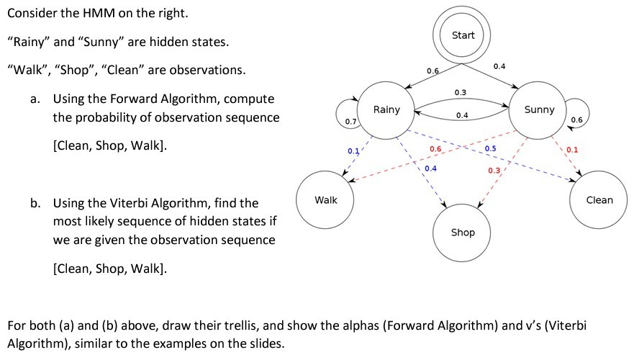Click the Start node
click(462, 35)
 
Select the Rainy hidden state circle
click(386, 110)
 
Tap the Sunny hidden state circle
click(538, 110)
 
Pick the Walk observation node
click(325, 199)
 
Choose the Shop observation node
click(462, 233)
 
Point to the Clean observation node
click(599, 199)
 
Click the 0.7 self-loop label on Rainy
click(350, 122)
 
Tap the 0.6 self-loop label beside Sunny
click(576, 120)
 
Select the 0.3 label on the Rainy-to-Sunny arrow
click(461, 93)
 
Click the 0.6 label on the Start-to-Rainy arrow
click(432, 71)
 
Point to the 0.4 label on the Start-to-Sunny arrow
click(499, 66)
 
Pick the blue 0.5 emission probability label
click(490, 148)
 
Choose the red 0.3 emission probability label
click(494, 170)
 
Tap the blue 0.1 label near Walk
click(353, 151)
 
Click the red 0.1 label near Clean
click(572, 150)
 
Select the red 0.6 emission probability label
click(435, 149)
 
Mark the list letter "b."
click(35, 202)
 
